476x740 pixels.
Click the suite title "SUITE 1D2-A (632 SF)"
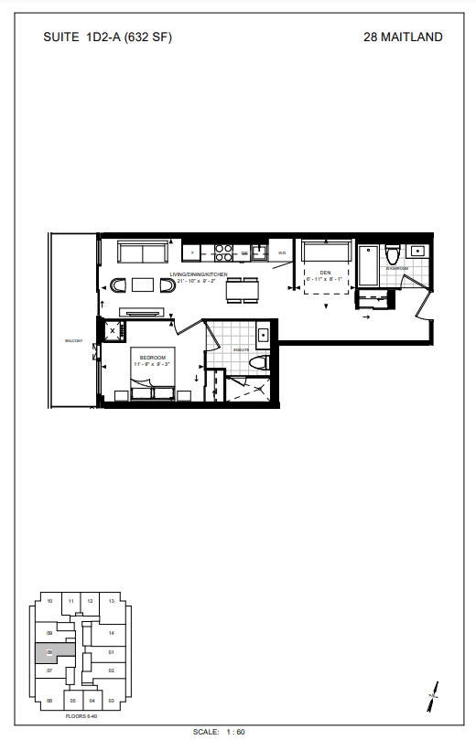tap(107, 38)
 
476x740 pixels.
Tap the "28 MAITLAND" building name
tap(403, 38)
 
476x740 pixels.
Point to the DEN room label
tap(325, 272)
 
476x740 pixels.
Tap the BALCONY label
tap(73, 341)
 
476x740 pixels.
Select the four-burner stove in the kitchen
tap(223, 252)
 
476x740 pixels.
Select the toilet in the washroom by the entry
tap(393, 252)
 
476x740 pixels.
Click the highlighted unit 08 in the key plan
tap(49, 652)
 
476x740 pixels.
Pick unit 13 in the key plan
tap(111, 602)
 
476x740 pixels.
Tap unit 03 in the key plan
tap(111, 701)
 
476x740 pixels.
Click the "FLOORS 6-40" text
tap(81, 714)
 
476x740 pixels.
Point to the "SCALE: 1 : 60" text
tap(220, 732)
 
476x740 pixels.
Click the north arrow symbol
tap(432, 694)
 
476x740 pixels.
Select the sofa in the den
tap(326, 252)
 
